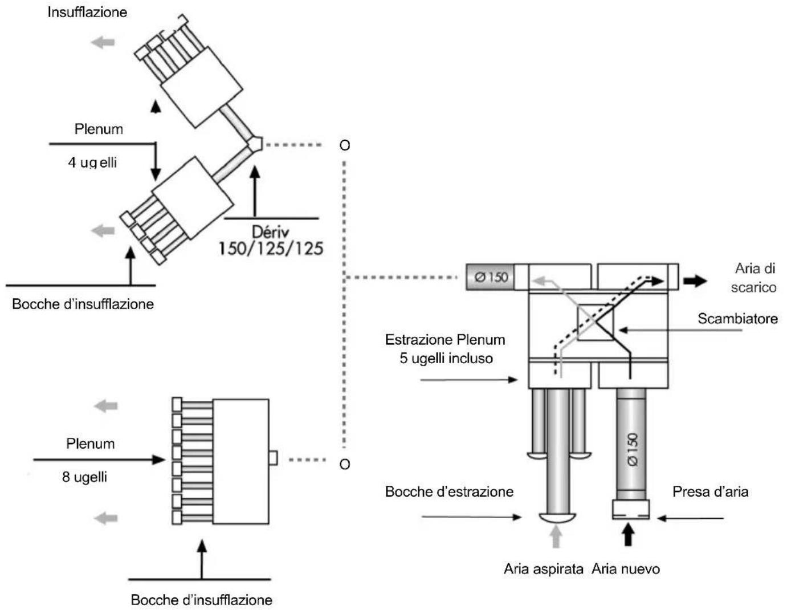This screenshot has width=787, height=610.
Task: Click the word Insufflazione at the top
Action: [x=87, y=12]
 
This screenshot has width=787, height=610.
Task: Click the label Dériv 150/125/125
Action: [x=271, y=241]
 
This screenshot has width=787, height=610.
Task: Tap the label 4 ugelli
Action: [x=92, y=162]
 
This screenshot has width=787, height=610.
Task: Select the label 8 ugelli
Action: [x=84, y=477]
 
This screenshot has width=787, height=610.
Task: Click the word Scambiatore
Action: [x=737, y=318]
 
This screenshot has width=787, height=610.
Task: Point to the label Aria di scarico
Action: [x=754, y=278]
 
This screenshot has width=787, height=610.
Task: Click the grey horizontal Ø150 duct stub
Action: [x=490, y=278]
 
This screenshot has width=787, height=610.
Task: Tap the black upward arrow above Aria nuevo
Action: [x=628, y=535]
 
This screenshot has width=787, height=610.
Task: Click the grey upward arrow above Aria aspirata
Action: [x=556, y=536]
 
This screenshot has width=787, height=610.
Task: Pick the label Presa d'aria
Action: [x=710, y=491]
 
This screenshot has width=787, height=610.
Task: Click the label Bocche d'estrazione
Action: [x=449, y=491]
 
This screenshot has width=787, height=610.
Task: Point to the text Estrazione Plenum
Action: [x=445, y=340]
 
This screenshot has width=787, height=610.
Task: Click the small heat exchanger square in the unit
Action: [x=596, y=323]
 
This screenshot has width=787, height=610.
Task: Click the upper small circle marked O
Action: [x=344, y=145]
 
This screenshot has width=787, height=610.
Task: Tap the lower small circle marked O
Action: [x=344, y=464]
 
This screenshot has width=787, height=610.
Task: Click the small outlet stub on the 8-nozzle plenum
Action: [x=273, y=458]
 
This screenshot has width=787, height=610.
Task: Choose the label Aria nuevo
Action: [x=626, y=568]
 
